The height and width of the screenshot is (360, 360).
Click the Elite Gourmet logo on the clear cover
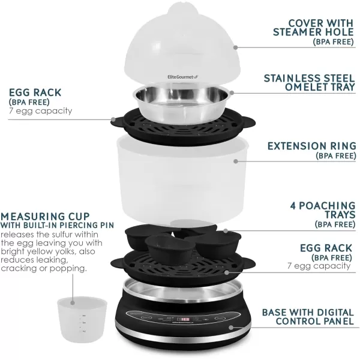[159, 76]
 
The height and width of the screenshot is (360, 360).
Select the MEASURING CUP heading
[46, 215]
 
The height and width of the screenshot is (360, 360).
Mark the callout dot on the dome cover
[235, 47]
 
